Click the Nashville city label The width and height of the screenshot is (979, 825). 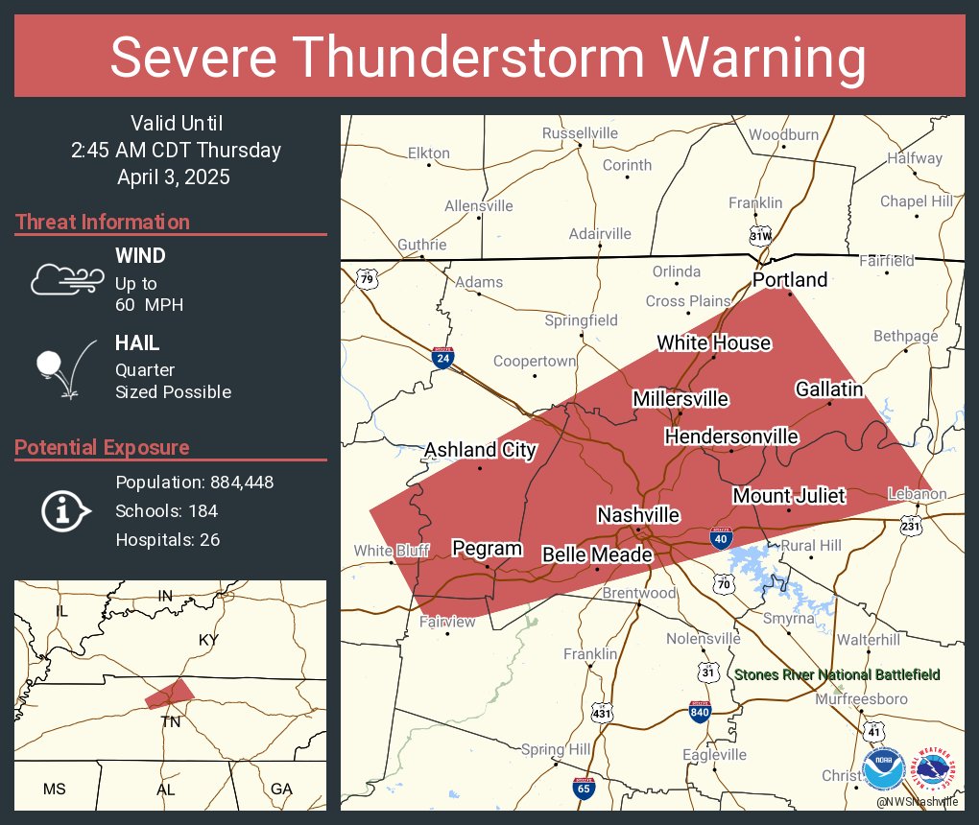coord(638,515)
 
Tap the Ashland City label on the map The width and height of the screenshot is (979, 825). coord(480,450)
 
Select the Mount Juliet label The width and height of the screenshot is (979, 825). coord(789,496)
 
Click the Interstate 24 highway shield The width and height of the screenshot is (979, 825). coord(442,358)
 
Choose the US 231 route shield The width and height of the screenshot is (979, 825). coord(912,525)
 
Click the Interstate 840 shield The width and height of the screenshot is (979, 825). coord(701,711)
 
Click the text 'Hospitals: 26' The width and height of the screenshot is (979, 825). coord(168,539)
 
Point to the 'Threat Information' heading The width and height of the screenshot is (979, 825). coord(102,223)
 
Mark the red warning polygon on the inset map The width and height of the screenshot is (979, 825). coord(170,693)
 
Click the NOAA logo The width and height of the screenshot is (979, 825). coord(883,769)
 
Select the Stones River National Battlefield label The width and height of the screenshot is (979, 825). coord(837,675)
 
